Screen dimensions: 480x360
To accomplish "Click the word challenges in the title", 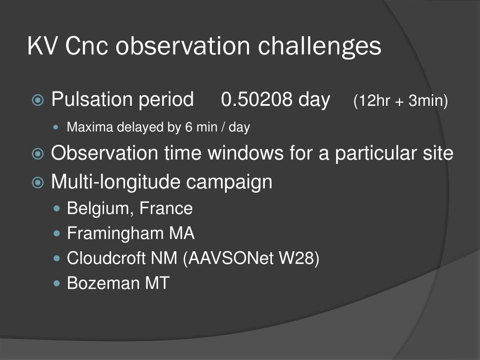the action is click(x=319, y=46).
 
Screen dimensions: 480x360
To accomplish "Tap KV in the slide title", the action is click(x=42, y=46).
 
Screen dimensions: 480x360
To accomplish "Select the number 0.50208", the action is click(x=256, y=99).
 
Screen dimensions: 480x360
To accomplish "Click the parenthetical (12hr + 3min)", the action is click(x=400, y=100).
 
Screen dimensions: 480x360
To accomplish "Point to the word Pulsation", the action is click(x=92, y=99).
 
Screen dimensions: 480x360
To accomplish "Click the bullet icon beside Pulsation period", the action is click(x=37, y=100).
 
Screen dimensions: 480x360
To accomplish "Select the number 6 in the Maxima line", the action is click(x=188, y=127).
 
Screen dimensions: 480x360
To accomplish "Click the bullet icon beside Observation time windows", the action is click(x=37, y=154).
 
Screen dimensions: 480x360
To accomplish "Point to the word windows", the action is click(x=246, y=153).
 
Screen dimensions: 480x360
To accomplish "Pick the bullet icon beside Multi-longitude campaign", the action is click(x=37, y=182).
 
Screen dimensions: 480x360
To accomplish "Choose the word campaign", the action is click(x=229, y=182).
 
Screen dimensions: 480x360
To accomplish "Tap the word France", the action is click(x=166, y=208).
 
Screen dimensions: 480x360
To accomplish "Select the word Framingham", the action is click(x=116, y=233).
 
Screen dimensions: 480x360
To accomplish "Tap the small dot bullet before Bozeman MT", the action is click(x=56, y=283).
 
